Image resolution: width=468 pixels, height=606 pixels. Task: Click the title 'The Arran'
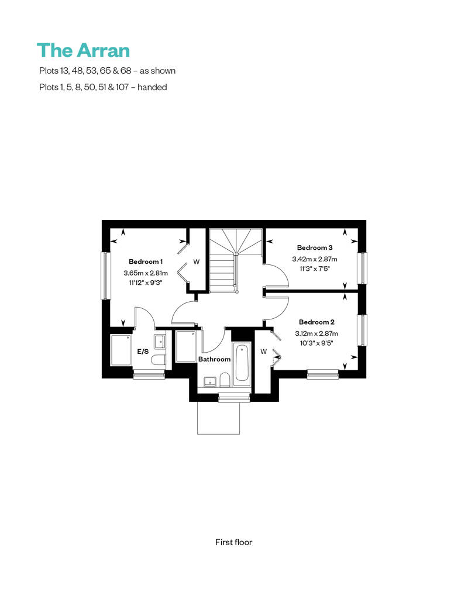point(84,51)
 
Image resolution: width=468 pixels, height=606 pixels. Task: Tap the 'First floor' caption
point(233,542)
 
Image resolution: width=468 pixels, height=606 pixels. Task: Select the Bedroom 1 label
point(146,261)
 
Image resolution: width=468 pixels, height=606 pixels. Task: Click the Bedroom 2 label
point(316,322)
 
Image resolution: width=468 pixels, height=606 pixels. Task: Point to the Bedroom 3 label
point(315,247)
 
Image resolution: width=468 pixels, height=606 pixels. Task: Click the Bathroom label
point(215,359)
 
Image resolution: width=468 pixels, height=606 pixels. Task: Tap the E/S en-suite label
point(143,352)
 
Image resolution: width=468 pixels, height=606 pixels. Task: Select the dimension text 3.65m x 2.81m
point(146,273)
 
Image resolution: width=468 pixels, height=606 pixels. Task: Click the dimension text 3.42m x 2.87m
point(315,259)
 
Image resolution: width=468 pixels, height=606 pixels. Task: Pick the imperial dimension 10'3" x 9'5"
point(316,343)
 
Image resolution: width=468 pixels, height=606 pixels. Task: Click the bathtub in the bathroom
point(242,363)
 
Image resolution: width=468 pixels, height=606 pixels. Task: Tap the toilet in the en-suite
point(159,360)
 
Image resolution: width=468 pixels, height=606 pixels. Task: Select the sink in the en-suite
point(160,341)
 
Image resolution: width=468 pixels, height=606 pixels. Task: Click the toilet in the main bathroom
point(225,380)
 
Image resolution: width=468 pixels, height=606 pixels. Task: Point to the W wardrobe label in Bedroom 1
point(197,262)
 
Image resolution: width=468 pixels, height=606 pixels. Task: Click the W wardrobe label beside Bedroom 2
point(264,352)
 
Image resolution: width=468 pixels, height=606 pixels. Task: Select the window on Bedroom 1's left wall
point(104,276)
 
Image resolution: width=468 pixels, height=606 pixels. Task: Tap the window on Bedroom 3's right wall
point(362,268)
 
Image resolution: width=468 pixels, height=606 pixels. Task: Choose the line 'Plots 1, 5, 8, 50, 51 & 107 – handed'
point(103,87)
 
